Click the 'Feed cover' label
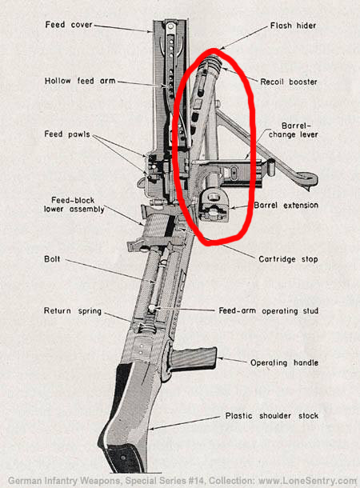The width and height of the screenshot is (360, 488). (69, 25)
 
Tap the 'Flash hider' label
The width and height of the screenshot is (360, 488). (293, 26)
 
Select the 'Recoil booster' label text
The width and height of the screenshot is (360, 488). (289, 82)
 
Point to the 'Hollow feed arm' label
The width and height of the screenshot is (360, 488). (80, 81)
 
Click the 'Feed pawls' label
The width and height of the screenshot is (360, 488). (67, 134)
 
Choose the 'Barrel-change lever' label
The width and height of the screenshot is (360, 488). (293, 130)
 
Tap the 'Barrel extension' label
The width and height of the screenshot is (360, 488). (286, 205)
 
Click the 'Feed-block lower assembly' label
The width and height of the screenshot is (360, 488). (74, 205)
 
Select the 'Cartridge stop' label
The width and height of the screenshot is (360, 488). (288, 259)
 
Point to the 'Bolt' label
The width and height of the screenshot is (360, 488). (52, 259)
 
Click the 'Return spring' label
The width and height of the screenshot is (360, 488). (73, 311)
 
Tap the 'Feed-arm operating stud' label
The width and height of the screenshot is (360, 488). (268, 310)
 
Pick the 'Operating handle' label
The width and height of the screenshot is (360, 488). (284, 362)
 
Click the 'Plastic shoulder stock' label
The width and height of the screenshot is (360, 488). (272, 416)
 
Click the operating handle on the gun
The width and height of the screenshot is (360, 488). (193, 358)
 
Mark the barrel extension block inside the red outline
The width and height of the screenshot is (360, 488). (214, 206)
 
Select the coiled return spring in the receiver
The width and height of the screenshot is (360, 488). (146, 328)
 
